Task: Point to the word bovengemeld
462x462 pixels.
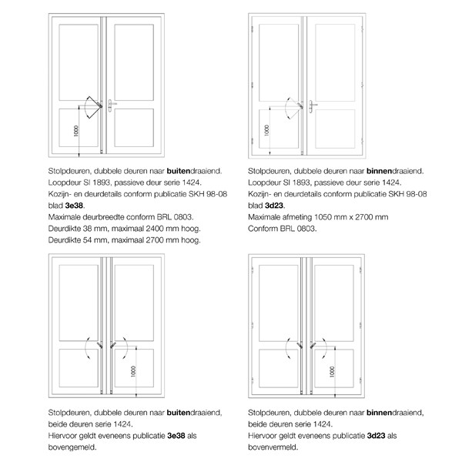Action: tap(72, 447)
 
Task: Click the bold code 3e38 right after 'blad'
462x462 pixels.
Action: tap(73, 206)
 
